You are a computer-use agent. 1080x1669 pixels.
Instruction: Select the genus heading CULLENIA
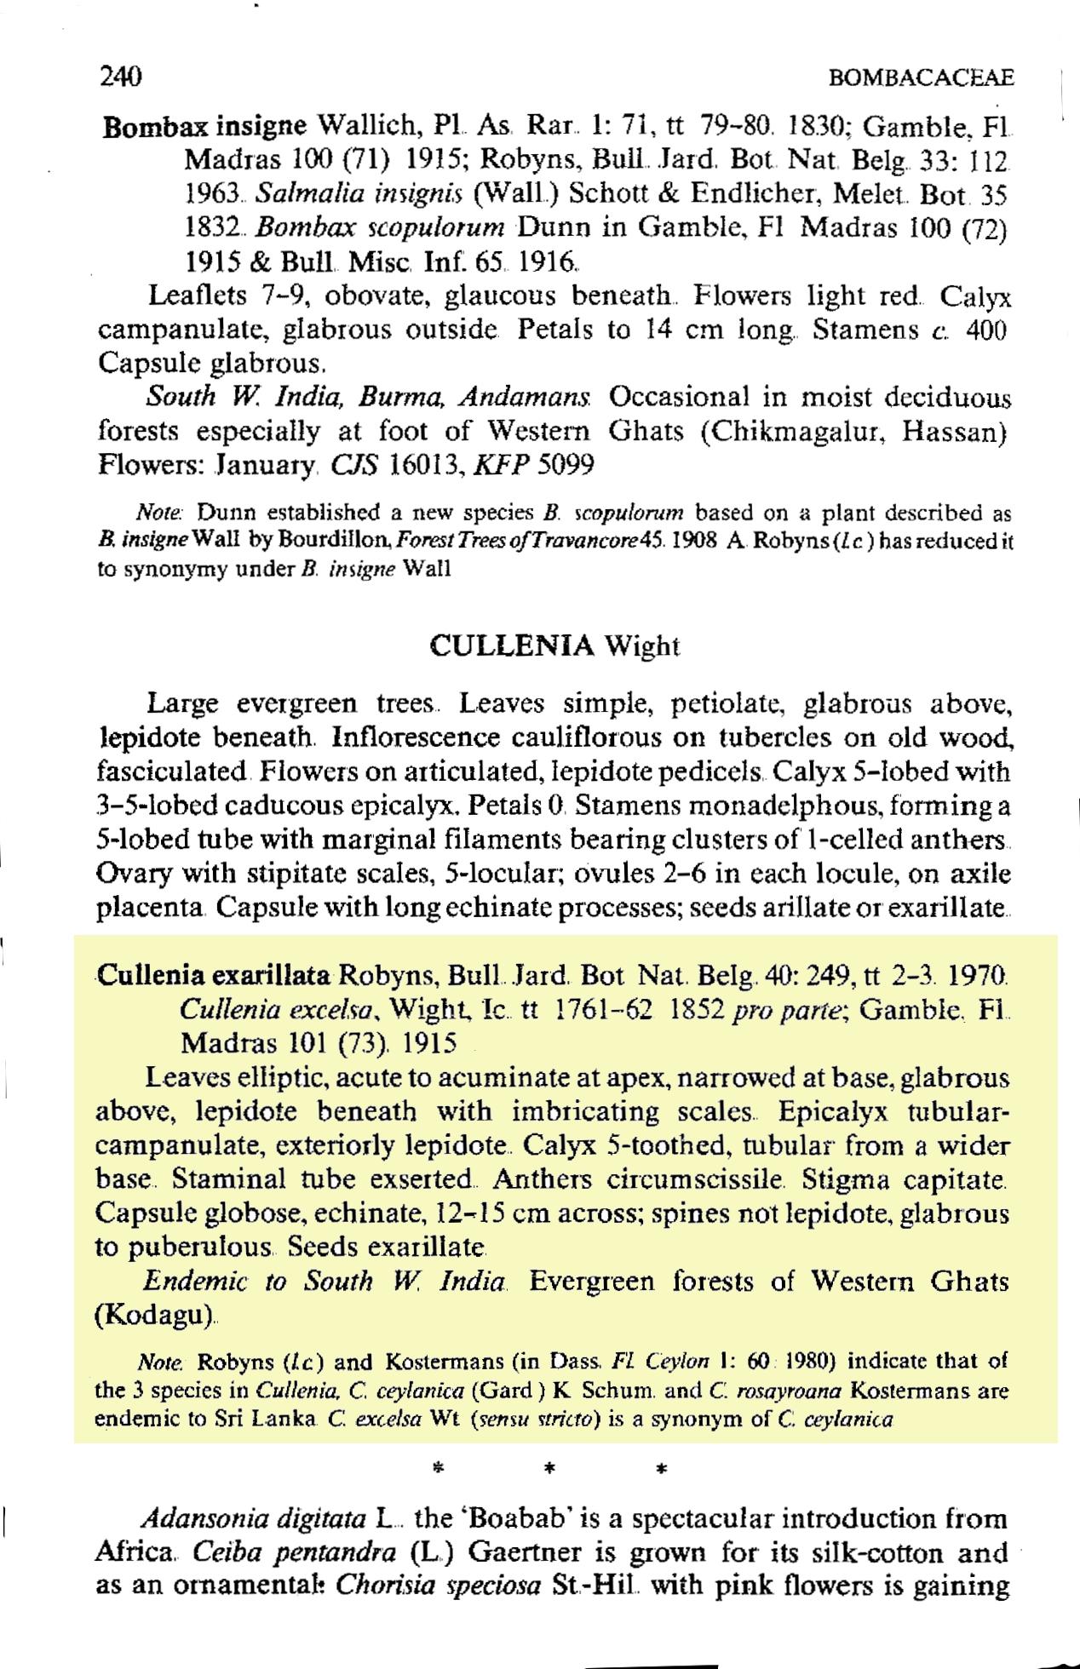512,646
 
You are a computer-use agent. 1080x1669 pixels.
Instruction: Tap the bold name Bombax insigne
204,127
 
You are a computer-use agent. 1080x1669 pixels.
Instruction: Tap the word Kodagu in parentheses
154,1315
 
